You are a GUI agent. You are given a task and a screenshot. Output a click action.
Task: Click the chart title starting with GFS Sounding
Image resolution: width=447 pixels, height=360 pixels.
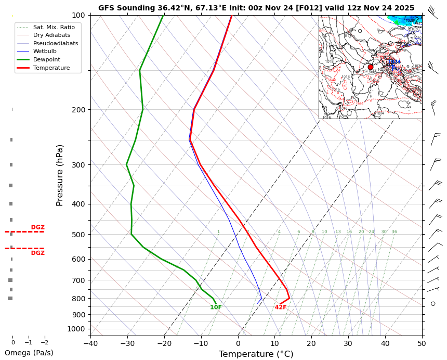pyautogui.click(x=256, y=8)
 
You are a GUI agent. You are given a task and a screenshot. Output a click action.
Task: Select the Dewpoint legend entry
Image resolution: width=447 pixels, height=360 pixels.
pyautogui.click(x=44, y=59)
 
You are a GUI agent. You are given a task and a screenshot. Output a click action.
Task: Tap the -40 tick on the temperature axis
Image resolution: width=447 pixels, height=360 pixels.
pyautogui.click(x=90, y=343)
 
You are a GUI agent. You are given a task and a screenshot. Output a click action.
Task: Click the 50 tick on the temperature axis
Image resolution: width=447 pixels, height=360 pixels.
pyautogui.click(x=422, y=343)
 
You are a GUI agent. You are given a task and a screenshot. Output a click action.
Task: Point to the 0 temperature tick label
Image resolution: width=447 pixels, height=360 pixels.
pyautogui.click(x=238, y=343)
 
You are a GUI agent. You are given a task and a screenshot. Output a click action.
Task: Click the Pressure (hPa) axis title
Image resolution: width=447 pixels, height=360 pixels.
pyautogui.click(x=60, y=175)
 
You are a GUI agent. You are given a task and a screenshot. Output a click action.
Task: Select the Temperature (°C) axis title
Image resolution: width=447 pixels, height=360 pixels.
pyautogui.click(x=256, y=354)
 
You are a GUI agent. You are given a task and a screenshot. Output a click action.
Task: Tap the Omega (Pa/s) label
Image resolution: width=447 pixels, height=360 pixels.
pyautogui.click(x=29, y=353)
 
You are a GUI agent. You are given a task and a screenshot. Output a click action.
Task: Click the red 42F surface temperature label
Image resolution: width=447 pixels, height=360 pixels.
pyautogui.click(x=281, y=307)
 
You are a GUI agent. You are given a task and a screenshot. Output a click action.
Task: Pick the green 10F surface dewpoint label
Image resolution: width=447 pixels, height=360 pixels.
pyautogui.click(x=216, y=307)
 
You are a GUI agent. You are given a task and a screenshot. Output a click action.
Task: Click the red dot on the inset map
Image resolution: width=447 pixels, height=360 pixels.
pyautogui.click(x=371, y=67)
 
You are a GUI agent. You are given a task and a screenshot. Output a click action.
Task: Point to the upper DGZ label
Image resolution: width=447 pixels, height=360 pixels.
pyautogui.click(x=37, y=227)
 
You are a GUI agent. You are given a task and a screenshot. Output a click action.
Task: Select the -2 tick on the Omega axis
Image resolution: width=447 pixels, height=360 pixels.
pyautogui.click(x=44, y=343)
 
